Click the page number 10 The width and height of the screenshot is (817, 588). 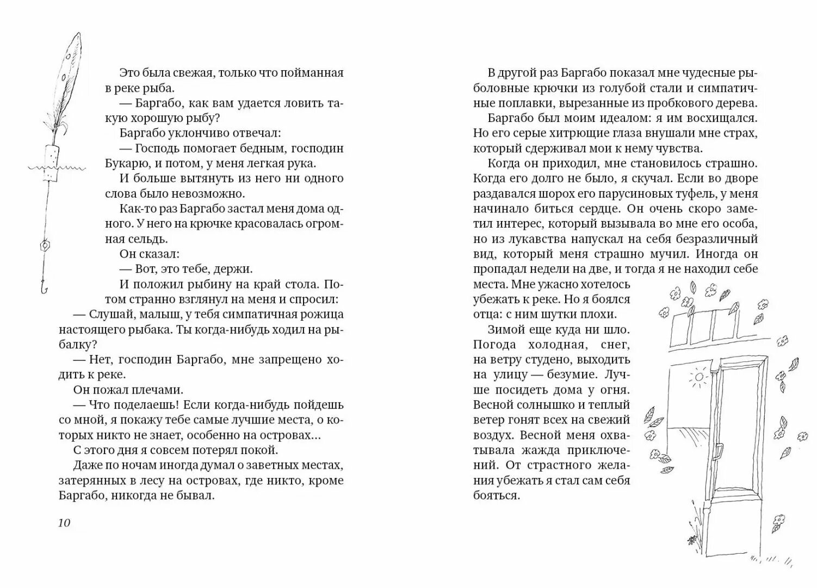64,523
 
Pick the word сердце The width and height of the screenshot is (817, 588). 592,209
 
